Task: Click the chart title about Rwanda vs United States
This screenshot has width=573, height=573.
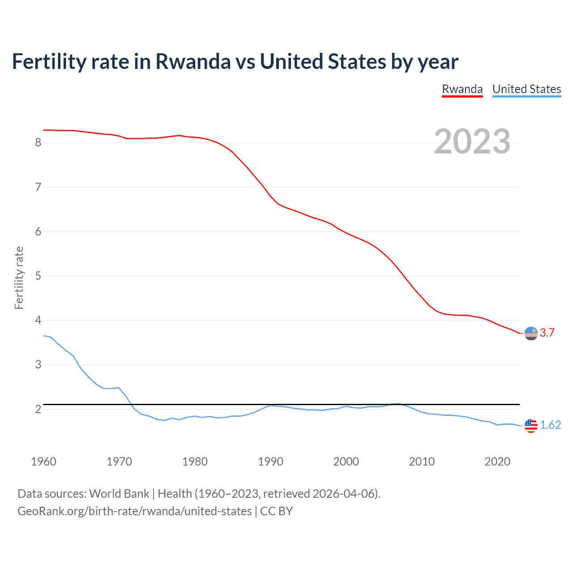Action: pyautogui.click(x=235, y=62)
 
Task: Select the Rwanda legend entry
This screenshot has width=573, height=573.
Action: pyautogui.click(x=462, y=89)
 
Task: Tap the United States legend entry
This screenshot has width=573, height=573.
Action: pyautogui.click(x=526, y=89)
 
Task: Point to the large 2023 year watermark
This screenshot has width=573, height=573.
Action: pyautogui.click(x=472, y=141)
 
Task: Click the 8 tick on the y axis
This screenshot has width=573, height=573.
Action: pyautogui.click(x=38, y=143)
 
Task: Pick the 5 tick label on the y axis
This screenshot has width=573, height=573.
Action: pyautogui.click(x=38, y=276)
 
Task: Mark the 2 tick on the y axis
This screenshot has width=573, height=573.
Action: pyautogui.click(x=38, y=409)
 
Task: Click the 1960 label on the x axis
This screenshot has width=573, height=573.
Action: pyautogui.click(x=43, y=462)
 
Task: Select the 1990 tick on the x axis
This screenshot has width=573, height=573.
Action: pyautogui.click(x=270, y=462)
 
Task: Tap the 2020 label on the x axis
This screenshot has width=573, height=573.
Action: pyautogui.click(x=497, y=462)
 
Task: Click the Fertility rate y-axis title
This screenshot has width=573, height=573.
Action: pyautogui.click(x=19, y=278)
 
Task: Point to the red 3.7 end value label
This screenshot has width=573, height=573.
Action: pyautogui.click(x=547, y=333)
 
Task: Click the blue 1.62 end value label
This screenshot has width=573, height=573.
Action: pyautogui.click(x=550, y=425)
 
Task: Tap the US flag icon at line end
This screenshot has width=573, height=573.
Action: pyautogui.click(x=531, y=425)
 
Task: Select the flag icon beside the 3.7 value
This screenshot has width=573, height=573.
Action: pyautogui.click(x=531, y=334)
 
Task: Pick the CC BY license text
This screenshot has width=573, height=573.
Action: pyautogui.click(x=276, y=511)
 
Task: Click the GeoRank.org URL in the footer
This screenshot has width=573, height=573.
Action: pyautogui.click(x=134, y=511)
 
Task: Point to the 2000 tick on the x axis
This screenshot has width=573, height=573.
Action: pyautogui.click(x=346, y=462)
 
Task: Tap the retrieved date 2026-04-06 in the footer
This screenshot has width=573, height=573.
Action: pyautogui.click(x=343, y=494)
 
